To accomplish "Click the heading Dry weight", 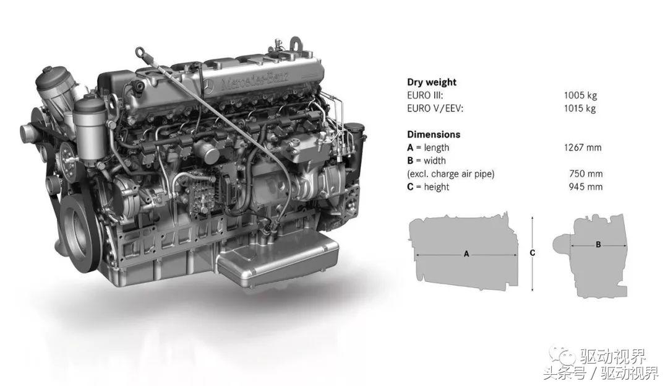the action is (x=432, y=82).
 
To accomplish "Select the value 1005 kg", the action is (x=580, y=95).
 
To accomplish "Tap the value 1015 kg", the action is (x=580, y=108).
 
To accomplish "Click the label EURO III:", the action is (x=425, y=95).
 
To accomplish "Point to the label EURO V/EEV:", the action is (x=435, y=109).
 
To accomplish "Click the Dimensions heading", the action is (x=434, y=135).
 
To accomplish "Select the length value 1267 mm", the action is (x=583, y=147).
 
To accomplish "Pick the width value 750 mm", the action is (x=586, y=174).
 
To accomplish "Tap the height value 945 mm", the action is (x=586, y=187).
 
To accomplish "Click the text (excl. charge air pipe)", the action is (x=451, y=174).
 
